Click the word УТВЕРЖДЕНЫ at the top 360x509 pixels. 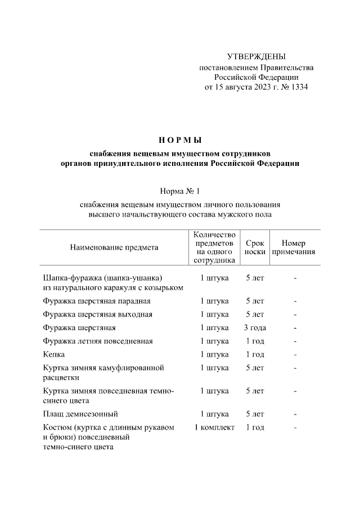pos(256,56)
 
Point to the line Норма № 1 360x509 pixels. pos(180,192)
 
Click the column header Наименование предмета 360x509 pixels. pos(114,247)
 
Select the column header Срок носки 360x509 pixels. pos(255,247)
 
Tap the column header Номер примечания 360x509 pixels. pos(294,247)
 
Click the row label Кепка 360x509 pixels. pos(54,354)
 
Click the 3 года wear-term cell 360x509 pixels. pos(255,328)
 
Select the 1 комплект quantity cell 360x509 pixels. pos(214,427)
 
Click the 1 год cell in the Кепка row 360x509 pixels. pos(255,354)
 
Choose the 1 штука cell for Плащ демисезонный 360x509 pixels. pos(214,414)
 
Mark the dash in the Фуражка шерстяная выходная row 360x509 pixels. pos(294,314)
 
